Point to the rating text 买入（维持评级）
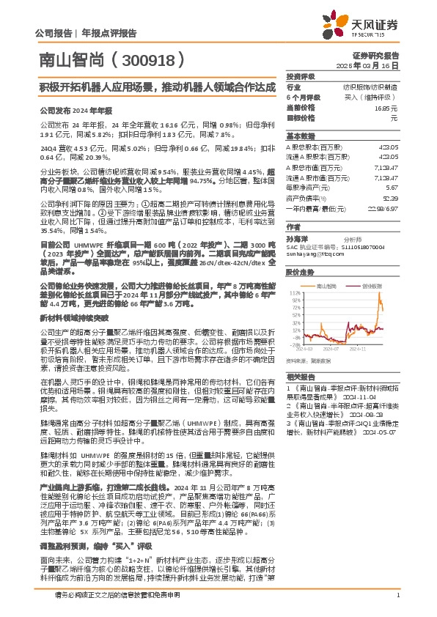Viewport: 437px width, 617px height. coord(373,97)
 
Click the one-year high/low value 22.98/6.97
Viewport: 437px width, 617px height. coord(382,208)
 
